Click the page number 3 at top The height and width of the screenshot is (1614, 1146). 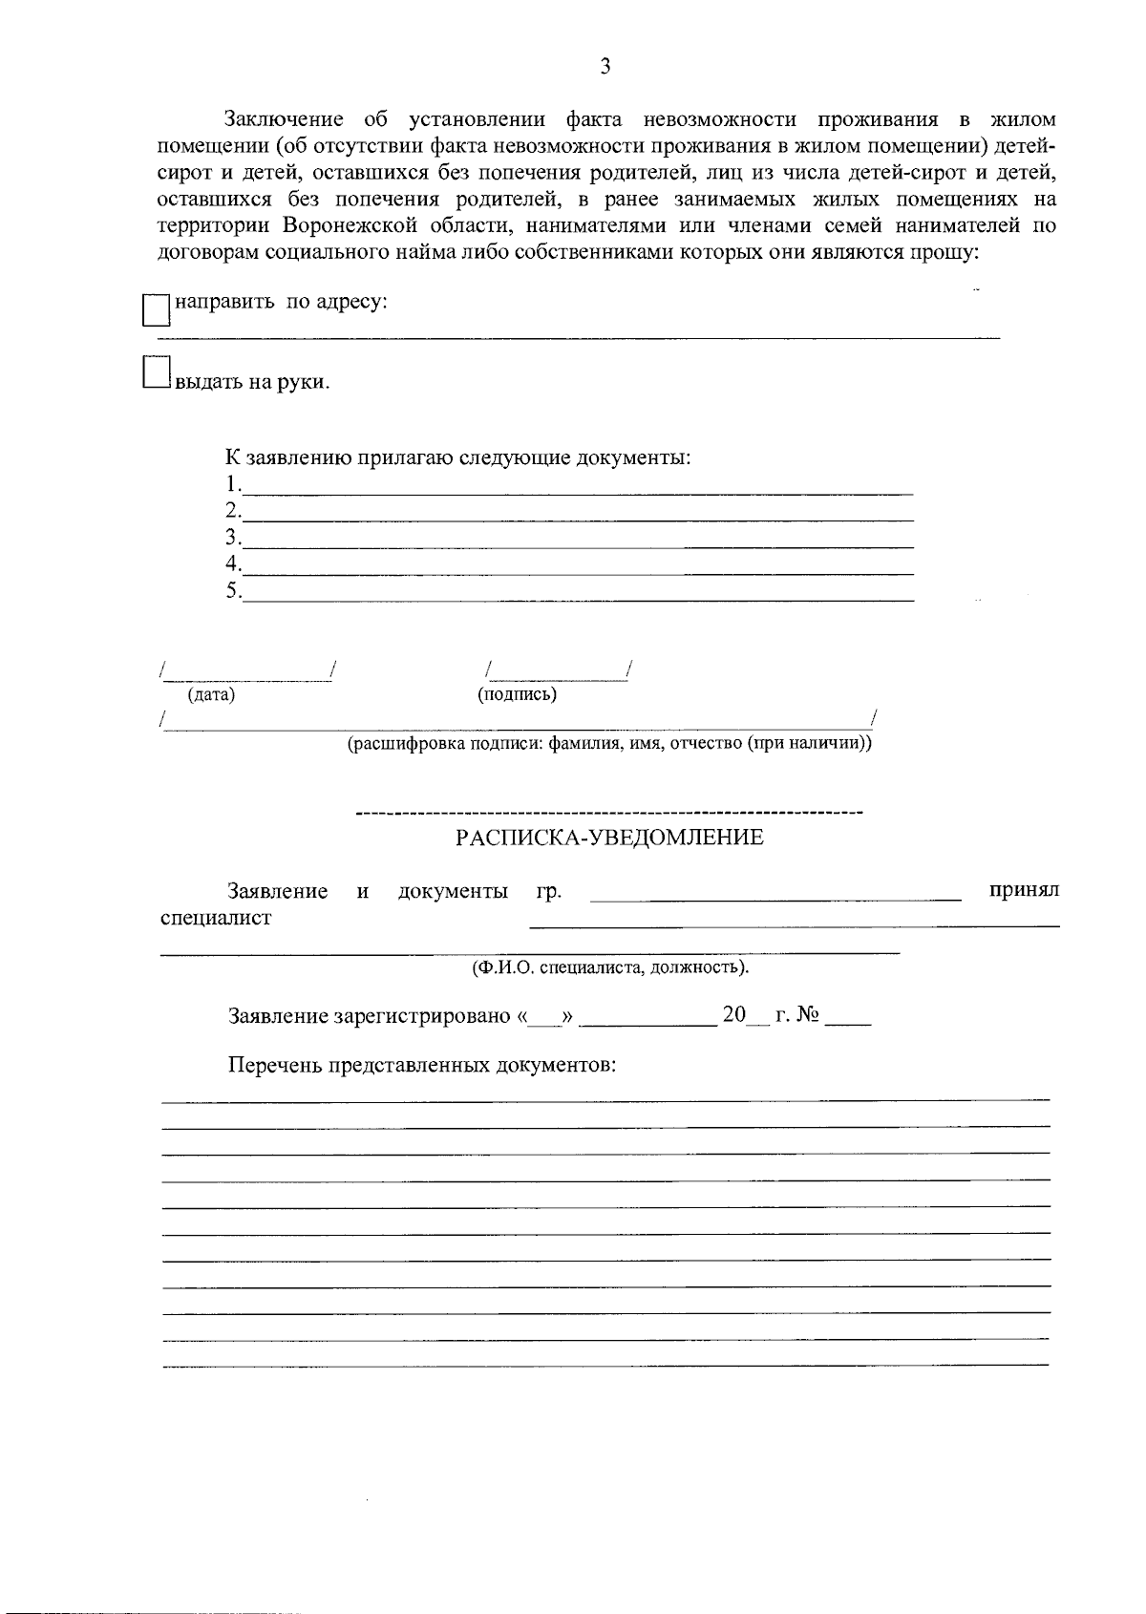[x=604, y=66]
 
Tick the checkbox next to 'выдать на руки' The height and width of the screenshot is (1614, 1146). [x=155, y=372]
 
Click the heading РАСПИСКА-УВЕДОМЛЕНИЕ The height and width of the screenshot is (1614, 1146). [x=609, y=839]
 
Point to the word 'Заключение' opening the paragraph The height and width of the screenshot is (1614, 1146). [x=283, y=119]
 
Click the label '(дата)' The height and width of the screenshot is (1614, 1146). [x=211, y=695]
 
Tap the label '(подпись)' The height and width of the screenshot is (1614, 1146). [x=517, y=694]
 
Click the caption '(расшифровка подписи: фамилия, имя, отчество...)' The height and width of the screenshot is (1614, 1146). [x=608, y=743]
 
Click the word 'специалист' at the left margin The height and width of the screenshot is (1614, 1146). [x=216, y=918]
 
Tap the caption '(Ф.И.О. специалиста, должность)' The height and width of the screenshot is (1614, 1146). [x=611, y=967]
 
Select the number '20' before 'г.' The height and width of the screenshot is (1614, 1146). [x=733, y=1014]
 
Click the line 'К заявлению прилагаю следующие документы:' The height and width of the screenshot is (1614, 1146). [x=457, y=457]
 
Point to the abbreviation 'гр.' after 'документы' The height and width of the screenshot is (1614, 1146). [x=549, y=892]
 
